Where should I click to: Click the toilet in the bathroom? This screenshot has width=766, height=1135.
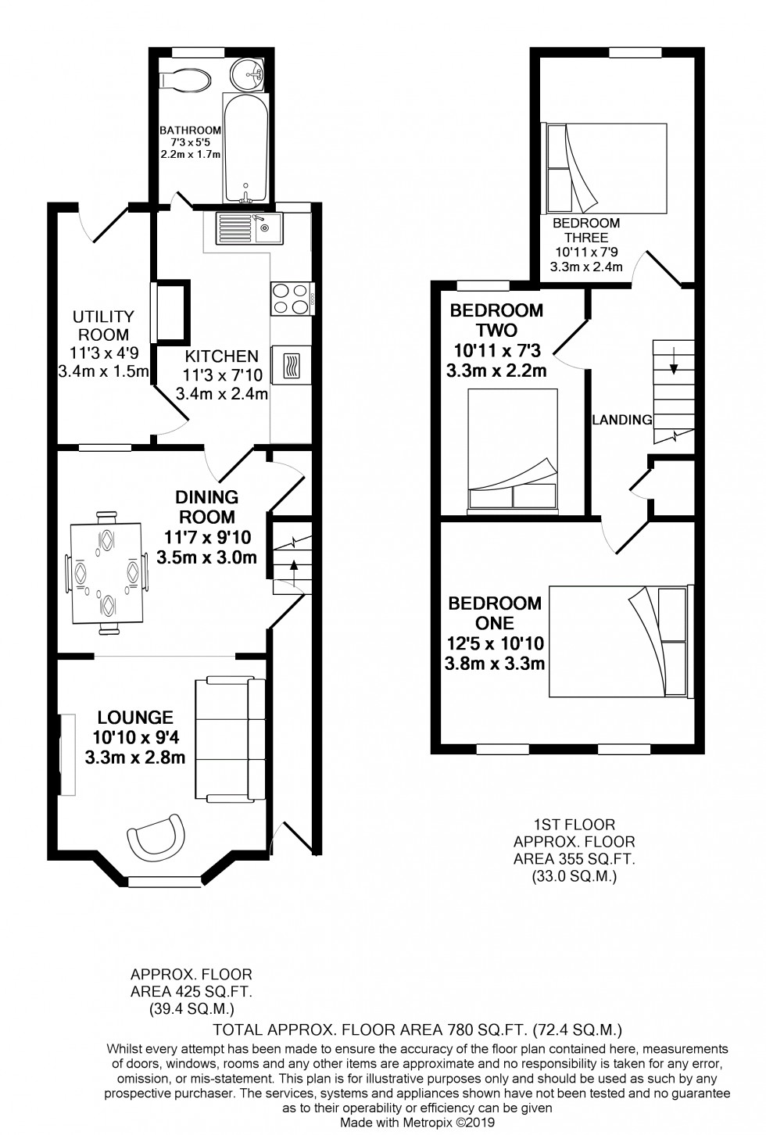tap(184, 81)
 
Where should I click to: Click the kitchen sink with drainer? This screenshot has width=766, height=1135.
tap(245, 228)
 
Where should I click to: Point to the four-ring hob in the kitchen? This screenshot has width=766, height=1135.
tap(291, 298)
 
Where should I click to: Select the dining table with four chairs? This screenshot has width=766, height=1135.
tap(108, 571)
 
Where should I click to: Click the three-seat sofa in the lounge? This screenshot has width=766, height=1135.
tap(230, 739)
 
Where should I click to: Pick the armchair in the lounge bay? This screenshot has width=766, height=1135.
tap(157, 838)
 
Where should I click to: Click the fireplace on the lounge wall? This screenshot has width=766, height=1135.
tap(66, 754)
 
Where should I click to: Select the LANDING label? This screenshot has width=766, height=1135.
tap(621, 420)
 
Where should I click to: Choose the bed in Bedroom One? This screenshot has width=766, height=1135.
tap(617, 640)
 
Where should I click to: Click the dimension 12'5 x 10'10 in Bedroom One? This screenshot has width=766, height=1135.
tap(495, 644)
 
